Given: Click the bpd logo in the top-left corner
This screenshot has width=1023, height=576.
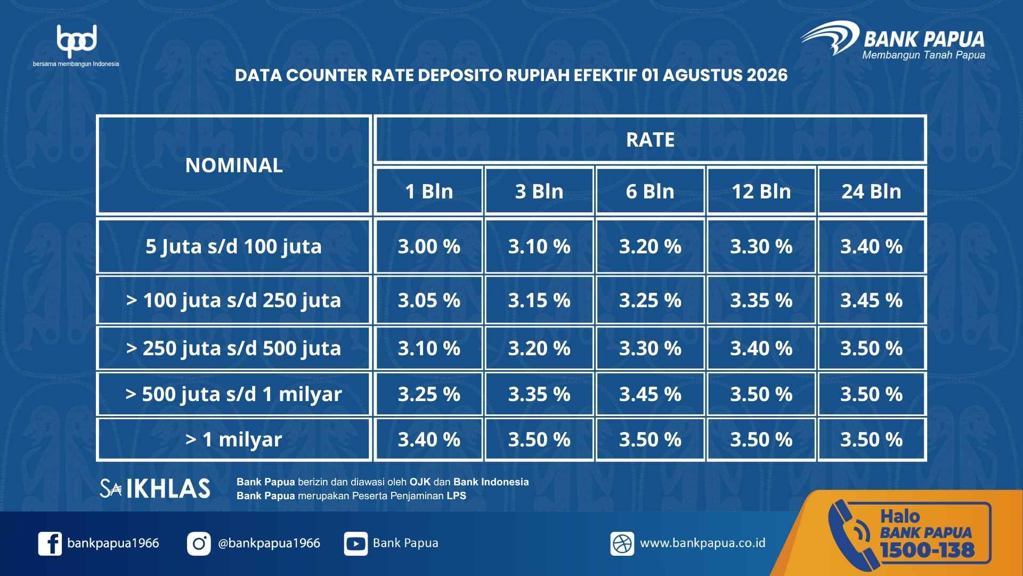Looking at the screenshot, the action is click(x=76, y=46).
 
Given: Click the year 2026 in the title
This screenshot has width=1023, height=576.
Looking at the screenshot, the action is click(x=767, y=75).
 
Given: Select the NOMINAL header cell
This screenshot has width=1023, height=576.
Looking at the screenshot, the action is click(x=234, y=165).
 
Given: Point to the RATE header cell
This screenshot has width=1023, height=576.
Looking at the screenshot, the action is click(x=650, y=139).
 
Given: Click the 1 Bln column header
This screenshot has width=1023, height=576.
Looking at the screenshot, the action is click(x=429, y=191).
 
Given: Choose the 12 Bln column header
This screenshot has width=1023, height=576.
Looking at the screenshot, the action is click(x=761, y=191).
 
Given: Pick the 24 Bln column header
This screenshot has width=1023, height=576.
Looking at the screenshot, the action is click(x=872, y=191).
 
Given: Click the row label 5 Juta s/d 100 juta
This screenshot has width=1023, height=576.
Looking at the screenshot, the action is click(x=234, y=246).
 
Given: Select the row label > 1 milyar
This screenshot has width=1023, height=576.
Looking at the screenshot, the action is click(x=234, y=439).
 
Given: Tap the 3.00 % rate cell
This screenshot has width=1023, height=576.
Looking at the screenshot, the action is click(x=429, y=246).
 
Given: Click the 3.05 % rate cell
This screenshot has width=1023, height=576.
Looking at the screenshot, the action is click(x=429, y=300).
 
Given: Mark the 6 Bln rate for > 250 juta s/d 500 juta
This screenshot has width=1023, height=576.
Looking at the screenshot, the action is click(x=650, y=348).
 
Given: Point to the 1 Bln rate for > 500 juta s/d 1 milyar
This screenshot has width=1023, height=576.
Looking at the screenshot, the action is click(x=429, y=394).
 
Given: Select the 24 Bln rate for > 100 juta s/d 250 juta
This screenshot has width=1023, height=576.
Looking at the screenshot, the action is click(x=872, y=300).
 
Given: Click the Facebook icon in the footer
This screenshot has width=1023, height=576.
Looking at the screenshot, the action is click(x=50, y=543).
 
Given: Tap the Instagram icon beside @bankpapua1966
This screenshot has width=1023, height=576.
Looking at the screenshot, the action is click(x=199, y=543).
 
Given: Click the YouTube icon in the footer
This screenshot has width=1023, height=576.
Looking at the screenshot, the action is click(x=355, y=543).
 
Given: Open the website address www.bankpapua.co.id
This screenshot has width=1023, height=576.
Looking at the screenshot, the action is click(x=702, y=543).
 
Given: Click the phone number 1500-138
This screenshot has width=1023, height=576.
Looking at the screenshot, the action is click(x=927, y=550).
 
